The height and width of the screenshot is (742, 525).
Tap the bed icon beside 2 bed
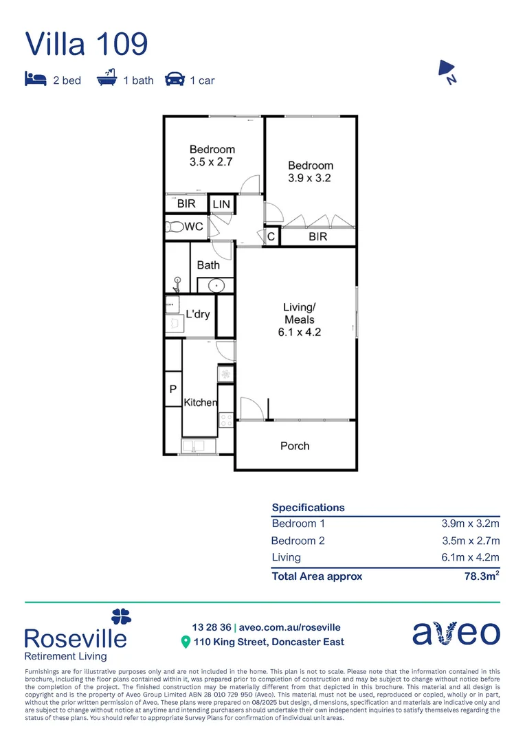35,80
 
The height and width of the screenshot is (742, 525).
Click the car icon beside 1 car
175,80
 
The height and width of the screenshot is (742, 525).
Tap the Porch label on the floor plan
295,446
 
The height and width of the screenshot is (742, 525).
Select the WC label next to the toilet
194,227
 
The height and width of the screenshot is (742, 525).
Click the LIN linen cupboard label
221,204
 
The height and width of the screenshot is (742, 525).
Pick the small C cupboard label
271,236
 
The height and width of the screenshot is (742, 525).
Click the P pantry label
172,390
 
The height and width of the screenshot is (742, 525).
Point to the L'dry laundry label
198,314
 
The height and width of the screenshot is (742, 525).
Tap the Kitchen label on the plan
200,403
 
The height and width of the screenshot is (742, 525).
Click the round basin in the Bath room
216,284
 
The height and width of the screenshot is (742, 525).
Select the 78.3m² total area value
482,576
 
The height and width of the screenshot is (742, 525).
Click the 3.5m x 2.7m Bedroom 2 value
469,541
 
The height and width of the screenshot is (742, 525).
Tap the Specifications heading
308,507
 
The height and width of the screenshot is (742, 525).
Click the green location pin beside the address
185,642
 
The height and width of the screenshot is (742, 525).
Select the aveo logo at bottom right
456,633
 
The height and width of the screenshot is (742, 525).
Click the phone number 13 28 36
212,627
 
